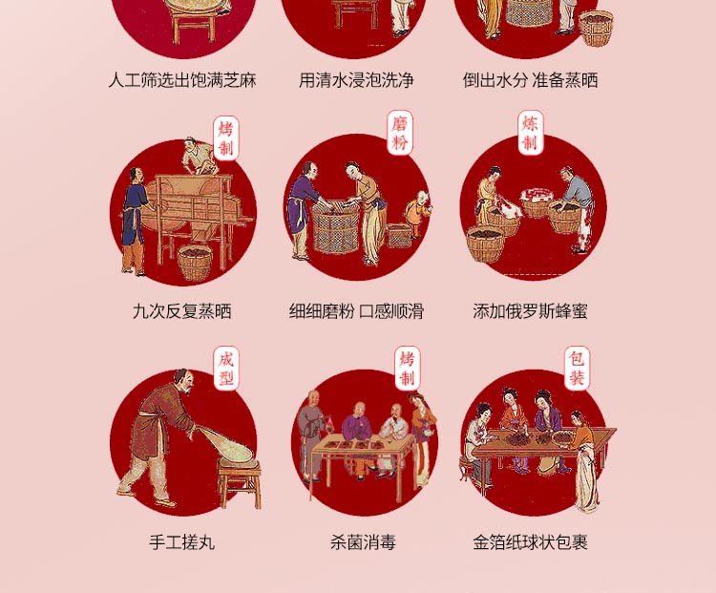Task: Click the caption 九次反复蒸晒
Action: click(181, 311)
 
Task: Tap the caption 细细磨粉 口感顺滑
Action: click(357, 311)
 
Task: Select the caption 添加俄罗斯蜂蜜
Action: click(530, 311)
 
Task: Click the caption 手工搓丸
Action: click(181, 542)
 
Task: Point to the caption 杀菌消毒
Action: click(363, 542)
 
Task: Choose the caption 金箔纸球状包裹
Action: click(530, 542)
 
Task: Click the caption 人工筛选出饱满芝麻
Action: click(182, 80)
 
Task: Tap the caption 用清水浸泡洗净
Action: click(356, 80)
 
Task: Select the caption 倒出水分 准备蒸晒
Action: click(530, 80)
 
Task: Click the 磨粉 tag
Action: click(400, 133)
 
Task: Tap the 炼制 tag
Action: click(530, 133)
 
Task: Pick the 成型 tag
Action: click(226, 369)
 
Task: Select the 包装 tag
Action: click(578, 369)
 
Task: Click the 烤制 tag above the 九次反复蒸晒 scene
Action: click(226, 138)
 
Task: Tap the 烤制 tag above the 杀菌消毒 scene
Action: click(408, 369)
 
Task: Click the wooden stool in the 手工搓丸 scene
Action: click(240, 482)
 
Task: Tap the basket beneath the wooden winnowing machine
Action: click(195, 263)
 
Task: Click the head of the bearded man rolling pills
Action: click(183, 380)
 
